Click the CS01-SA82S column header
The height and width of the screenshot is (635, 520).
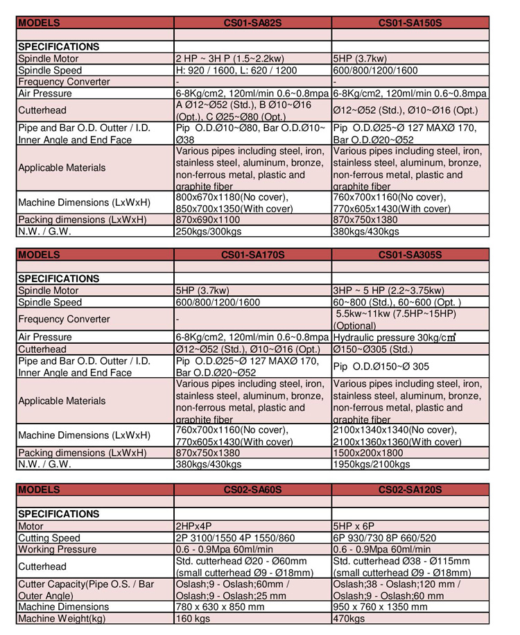[252, 22]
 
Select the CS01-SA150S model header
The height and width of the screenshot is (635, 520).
[410, 22]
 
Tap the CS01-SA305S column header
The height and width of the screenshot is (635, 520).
[410, 254]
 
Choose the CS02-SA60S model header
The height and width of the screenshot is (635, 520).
[252, 489]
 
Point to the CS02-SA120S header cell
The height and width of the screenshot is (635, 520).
[410, 489]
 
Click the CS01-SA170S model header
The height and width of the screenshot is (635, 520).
[252, 254]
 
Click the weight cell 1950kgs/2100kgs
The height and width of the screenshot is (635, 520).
[372, 464]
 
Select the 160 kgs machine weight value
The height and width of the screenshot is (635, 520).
[193, 618]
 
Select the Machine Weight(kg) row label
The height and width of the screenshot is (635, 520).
[62, 618]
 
